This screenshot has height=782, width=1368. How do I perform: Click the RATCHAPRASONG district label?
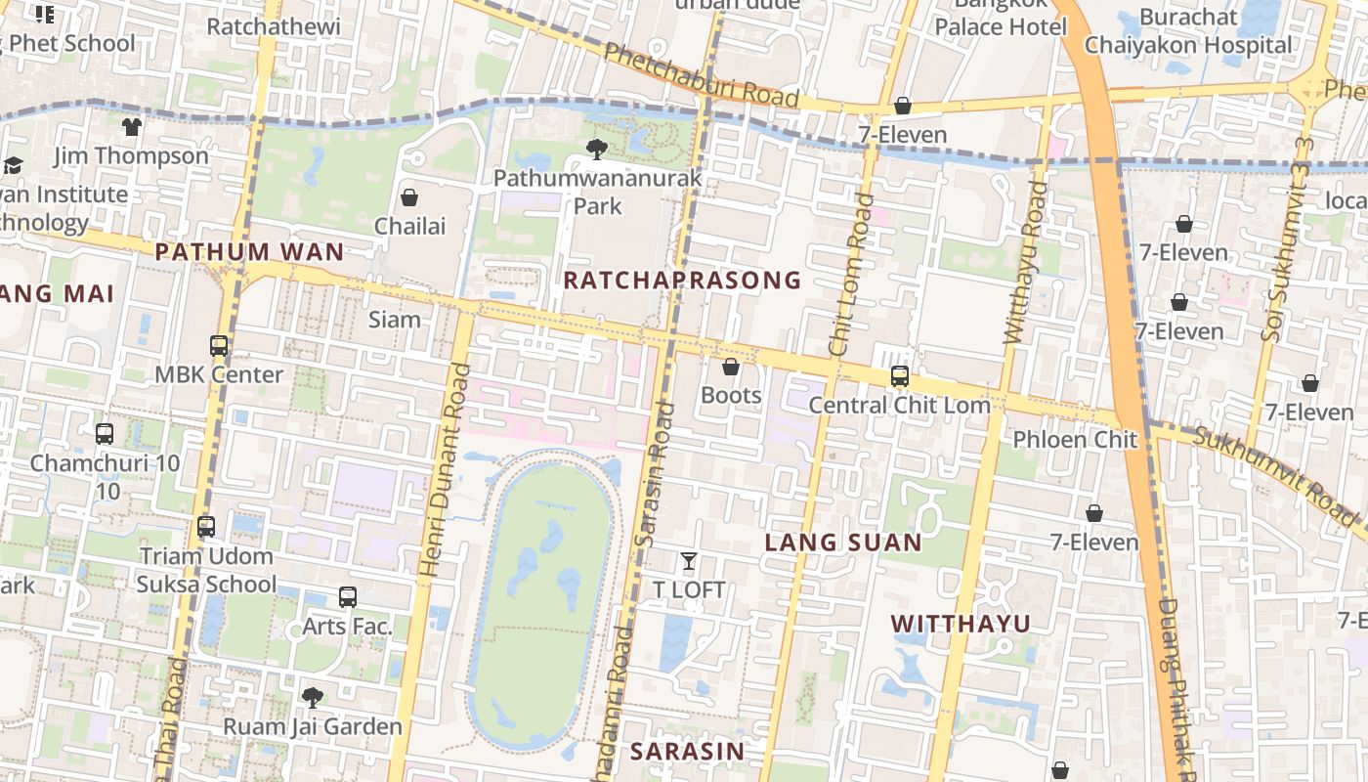tap(682, 281)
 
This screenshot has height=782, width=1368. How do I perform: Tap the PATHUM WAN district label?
tap(249, 252)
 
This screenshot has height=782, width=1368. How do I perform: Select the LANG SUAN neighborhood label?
tap(843, 543)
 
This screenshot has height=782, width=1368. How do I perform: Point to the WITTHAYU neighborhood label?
tap(961, 624)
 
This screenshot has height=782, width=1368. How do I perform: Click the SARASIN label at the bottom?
tap(687, 751)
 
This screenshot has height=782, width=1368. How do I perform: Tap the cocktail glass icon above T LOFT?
tap(689, 561)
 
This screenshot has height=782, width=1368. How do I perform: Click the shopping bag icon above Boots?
tap(730, 367)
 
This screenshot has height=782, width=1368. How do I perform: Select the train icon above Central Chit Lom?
tap(899, 376)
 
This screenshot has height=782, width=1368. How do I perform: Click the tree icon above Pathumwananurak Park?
tap(596, 150)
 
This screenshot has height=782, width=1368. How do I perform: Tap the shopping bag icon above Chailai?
tap(409, 197)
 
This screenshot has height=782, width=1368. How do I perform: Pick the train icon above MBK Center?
tap(219, 346)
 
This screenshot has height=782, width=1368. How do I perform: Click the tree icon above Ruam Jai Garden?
tap(313, 697)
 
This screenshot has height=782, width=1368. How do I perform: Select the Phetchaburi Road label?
tap(701, 75)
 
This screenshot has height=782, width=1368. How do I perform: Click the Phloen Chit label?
tap(1075, 439)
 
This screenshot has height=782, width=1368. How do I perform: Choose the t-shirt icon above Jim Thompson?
tap(132, 127)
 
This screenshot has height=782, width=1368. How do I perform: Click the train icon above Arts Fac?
tap(347, 597)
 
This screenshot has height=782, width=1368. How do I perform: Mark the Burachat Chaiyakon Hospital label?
tap(1187, 31)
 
